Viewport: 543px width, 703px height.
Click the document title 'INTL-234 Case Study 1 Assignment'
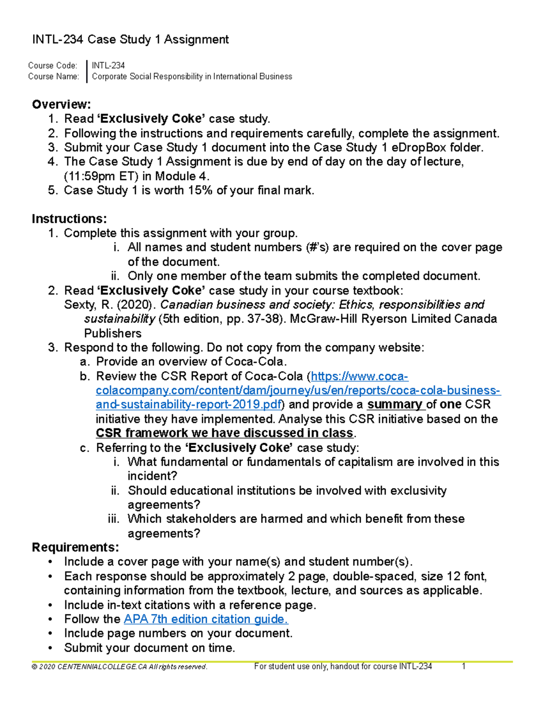130,40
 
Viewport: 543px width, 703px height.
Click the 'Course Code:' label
52,66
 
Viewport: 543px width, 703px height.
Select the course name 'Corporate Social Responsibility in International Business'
192,77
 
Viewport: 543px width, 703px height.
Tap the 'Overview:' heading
61,105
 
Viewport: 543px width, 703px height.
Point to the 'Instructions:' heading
69,219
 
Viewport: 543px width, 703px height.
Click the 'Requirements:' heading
76,547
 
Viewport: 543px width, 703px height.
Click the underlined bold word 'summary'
394,404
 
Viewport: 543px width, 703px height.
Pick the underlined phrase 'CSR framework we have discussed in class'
224,433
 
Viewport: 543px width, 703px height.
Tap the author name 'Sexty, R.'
88,305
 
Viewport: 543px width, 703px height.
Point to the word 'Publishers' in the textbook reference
113,333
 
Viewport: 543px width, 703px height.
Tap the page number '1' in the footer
463,666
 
